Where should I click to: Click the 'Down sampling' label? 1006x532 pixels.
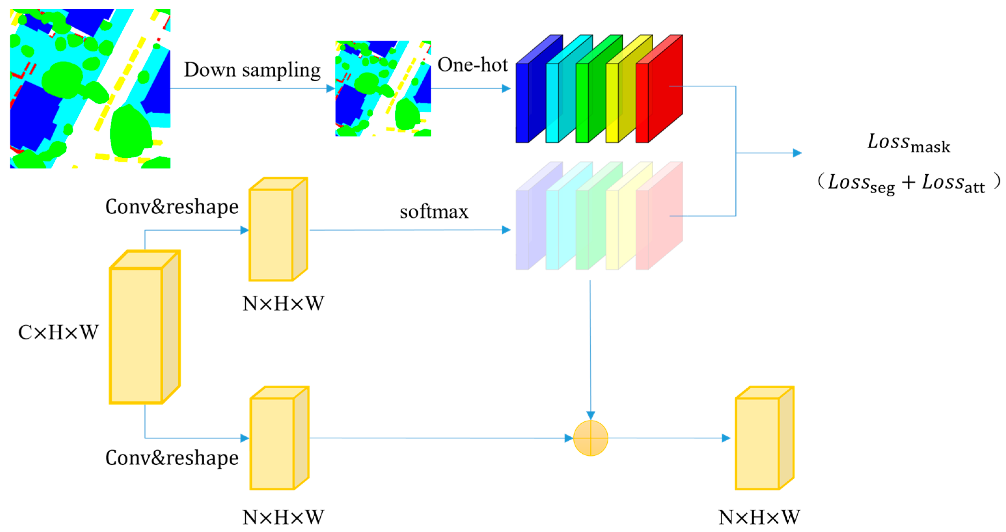pyautogui.click(x=252, y=71)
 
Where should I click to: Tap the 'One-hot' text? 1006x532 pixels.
pyautogui.click(x=472, y=65)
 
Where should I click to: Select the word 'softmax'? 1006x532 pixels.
pyautogui.click(x=434, y=212)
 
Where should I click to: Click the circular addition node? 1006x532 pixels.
pyautogui.click(x=591, y=438)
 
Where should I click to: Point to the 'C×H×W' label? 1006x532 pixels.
pyautogui.click(x=58, y=333)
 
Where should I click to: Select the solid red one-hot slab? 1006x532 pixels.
pyautogui.click(x=660, y=92)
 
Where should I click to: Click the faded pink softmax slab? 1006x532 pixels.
pyautogui.click(x=660, y=219)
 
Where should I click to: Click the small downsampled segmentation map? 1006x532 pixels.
pyautogui.click(x=383, y=88)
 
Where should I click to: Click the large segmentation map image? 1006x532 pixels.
pyautogui.click(x=90, y=88)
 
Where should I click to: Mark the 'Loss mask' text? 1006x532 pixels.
pyautogui.click(x=908, y=143)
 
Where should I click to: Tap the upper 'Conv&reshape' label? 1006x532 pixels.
pyautogui.click(x=172, y=207)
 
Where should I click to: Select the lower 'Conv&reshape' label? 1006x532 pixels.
pyautogui.click(x=172, y=458)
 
